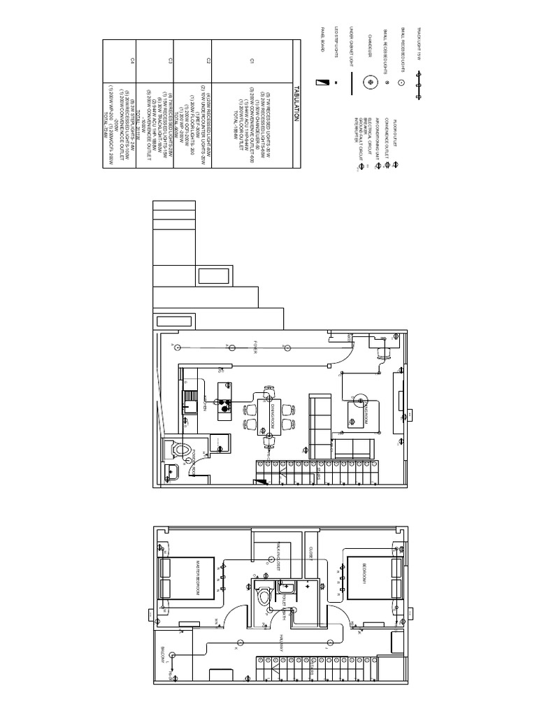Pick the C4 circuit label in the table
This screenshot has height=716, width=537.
click(132, 62)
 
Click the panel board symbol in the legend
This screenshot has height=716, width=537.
click(322, 82)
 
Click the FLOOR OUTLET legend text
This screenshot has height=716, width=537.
click(396, 129)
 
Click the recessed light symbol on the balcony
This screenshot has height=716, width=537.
click(178, 655)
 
